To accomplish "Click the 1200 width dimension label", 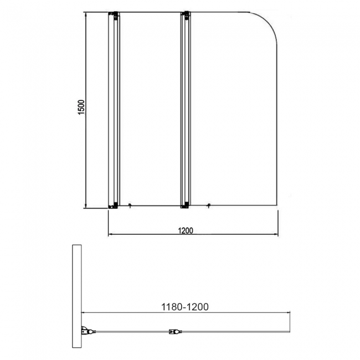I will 186,231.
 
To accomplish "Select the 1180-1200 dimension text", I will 185,306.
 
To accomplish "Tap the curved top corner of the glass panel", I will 266,22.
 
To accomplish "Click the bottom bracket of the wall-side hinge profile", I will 114,206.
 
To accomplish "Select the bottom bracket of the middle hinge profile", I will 186,206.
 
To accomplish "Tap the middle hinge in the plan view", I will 173,333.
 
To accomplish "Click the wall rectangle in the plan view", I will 76,301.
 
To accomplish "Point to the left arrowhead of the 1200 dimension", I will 110,234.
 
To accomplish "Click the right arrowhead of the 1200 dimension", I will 275,234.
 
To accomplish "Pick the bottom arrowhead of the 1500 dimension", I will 87,206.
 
